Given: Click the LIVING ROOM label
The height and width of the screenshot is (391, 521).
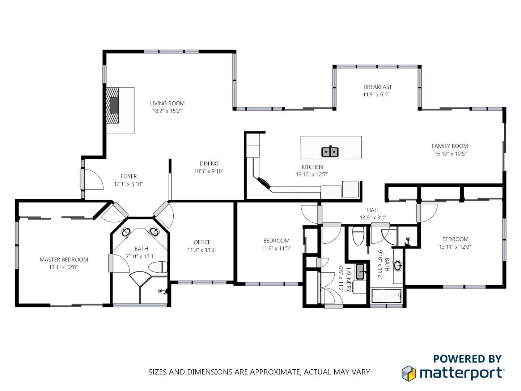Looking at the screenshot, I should pyautogui.click(x=167, y=104).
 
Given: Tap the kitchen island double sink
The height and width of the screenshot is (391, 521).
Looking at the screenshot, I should pyautogui.click(x=330, y=152).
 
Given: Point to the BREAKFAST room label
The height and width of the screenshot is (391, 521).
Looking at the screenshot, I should pyautogui.click(x=378, y=87).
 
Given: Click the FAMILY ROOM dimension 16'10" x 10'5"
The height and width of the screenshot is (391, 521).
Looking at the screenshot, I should pyautogui.click(x=450, y=154).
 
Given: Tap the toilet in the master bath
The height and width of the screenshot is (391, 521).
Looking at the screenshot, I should pyautogui.click(x=158, y=268).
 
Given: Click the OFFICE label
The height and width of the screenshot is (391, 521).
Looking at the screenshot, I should pyautogui.click(x=202, y=242).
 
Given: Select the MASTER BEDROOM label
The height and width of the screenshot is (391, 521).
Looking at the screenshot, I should pyautogui.click(x=64, y=260).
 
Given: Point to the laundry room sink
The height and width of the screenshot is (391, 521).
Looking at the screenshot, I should pyautogui.click(x=360, y=272).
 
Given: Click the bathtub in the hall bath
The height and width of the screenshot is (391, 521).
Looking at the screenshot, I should pyautogui.click(x=386, y=296).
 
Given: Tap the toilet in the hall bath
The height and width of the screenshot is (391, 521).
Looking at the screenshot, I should pyautogui.click(x=358, y=236).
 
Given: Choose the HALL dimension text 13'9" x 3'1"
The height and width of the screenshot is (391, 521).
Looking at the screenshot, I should pyautogui.click(x=373, y=218).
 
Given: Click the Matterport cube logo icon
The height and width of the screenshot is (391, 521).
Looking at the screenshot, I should pyautogui.click(x=409, y=373).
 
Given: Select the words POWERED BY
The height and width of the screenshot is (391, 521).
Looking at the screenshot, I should pyautogui.click(x=467, y=359).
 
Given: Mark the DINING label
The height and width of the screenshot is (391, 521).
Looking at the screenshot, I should pyautogui.click(x=209, y=164).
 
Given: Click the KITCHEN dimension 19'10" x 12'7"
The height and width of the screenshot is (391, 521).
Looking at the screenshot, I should pyautogui.click(x=312, y=175).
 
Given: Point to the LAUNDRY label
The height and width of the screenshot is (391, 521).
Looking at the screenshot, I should pyautogui.click(x=348, y=280).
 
